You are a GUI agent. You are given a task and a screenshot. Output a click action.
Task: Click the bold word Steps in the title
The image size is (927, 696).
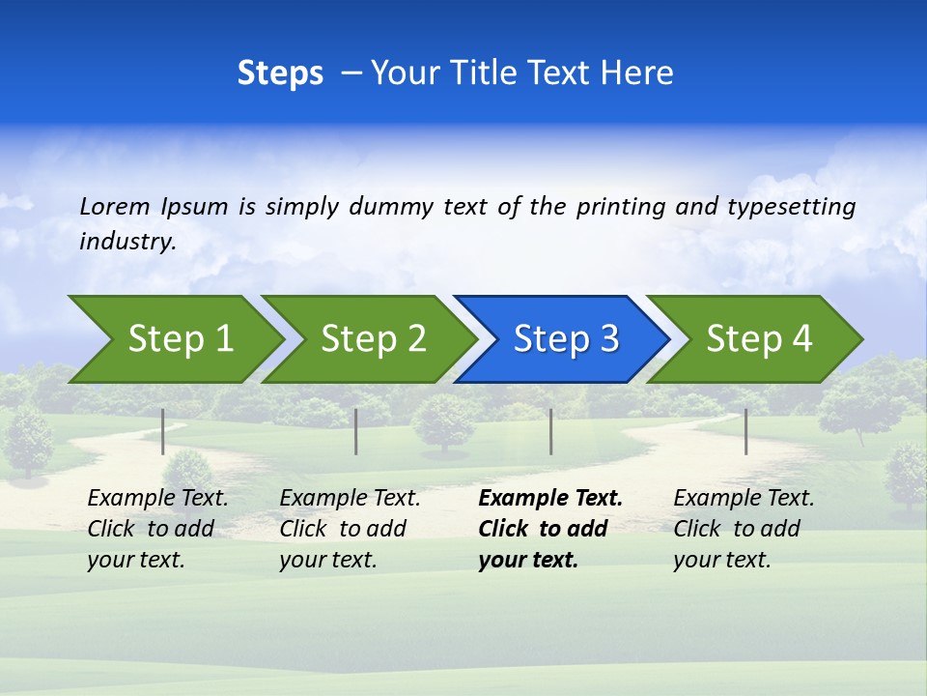(x=280, y=73)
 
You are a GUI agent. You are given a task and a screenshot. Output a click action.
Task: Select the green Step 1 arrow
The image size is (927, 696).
(x=180, y=338)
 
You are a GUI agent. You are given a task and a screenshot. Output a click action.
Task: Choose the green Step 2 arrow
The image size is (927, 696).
(x=373, y=338)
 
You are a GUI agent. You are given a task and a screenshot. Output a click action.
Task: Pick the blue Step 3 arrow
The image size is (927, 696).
(x=565, y=338)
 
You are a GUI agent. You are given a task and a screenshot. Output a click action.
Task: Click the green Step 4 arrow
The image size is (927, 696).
(x=758, y=338)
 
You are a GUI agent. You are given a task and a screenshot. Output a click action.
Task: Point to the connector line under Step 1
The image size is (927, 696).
(x=163, y=431)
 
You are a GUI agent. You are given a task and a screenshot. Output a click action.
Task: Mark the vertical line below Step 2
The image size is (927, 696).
(x=356, y=431)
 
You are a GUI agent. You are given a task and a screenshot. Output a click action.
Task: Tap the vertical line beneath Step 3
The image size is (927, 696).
(x=551, y=431)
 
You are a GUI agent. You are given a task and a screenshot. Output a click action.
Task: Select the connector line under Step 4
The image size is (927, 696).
(x=745, y=431)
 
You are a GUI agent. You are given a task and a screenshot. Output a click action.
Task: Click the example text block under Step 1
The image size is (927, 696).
(x=157, y=529)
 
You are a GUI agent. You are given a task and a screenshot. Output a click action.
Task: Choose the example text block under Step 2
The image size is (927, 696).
(x=350, y=529)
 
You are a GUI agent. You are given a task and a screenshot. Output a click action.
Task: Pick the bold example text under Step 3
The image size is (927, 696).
(x=550, y=529)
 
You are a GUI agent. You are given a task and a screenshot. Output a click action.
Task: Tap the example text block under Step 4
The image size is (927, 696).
(x=744, y=529)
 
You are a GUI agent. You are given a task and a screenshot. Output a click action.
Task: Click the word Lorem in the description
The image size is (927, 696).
(x=115, y=206)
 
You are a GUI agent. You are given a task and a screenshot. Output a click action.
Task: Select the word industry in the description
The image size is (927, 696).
(x=126, y=242)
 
